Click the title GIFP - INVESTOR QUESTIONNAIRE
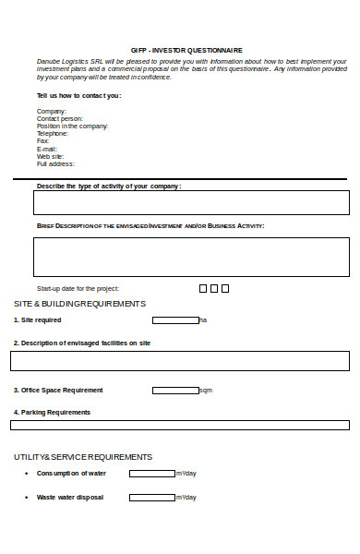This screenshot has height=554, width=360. [186, 50]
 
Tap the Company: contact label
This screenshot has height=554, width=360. [52, 111]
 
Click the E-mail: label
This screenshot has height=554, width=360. [47, 149]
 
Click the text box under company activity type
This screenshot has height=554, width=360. [191, 202]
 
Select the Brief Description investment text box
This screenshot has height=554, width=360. [191, 257]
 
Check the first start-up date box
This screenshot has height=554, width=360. [203, 288]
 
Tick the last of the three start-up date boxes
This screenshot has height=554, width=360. [224, 288]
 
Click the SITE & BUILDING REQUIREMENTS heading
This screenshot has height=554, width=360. [79, 304]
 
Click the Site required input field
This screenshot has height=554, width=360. [175, 320]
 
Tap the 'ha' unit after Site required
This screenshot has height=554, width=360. [203, 320]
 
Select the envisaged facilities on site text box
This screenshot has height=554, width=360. [180, 360]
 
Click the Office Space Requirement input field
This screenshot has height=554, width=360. [175, 391]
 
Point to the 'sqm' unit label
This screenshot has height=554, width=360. [206, 391]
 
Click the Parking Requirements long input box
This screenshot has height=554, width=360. [180, 425]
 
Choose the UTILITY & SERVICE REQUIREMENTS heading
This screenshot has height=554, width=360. [83, 457]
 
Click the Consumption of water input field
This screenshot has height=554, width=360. [151, 474]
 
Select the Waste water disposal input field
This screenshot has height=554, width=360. [151, 497]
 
